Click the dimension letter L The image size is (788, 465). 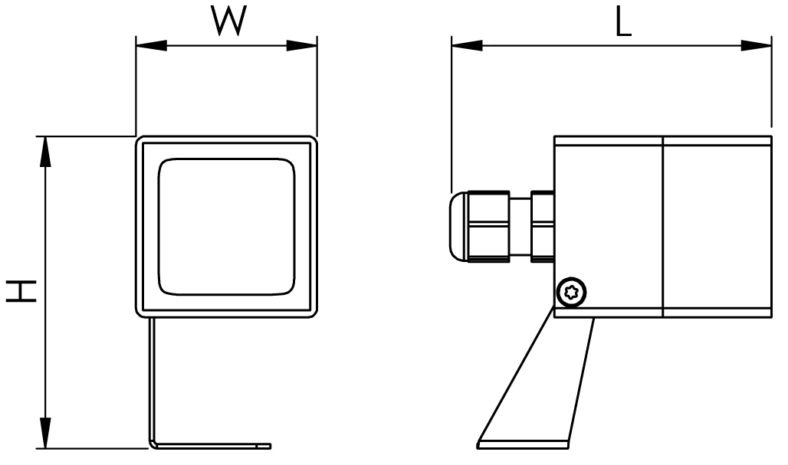click(624, 23)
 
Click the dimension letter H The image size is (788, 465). click(22, 290)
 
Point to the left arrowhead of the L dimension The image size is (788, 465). click(465, 46)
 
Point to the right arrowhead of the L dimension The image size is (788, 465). click(759, 46)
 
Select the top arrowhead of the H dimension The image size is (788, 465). click(46, 150)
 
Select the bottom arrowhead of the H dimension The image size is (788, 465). click(46, 433)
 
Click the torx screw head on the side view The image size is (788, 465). click(572, 291)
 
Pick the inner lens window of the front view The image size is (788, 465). click(226, 227)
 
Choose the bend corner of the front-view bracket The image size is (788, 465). click(153, 442)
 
